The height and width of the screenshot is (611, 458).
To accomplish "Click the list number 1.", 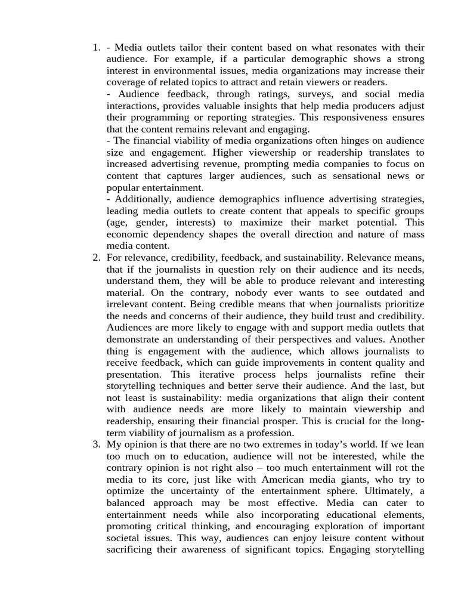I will tap(96, 48).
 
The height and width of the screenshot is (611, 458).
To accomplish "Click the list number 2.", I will tap(96, 257).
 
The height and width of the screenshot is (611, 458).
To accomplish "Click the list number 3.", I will tap(96, 445).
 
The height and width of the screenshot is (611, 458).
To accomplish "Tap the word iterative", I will tap(223, 374).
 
